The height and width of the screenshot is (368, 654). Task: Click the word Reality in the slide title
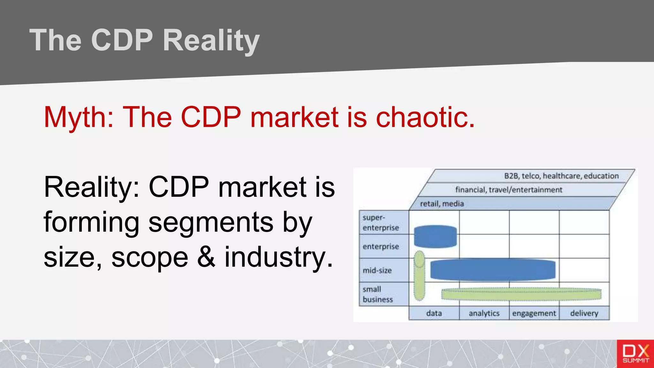click(211, 41)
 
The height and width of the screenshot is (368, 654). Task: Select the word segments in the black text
click(211, 223)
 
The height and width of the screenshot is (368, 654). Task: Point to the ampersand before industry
click(206, 257)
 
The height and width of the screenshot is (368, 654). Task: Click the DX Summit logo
click(635, 354)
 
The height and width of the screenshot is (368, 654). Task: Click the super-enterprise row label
click(381, 223)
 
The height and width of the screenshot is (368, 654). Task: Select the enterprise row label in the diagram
click(381, 246)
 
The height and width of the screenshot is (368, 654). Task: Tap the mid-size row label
click(377, 270)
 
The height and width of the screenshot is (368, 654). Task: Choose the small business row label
click(377, 294)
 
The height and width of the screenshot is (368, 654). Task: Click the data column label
click(434, 313)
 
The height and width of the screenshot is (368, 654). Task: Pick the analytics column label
click(484, 313)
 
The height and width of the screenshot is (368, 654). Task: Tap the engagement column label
click(534, 313)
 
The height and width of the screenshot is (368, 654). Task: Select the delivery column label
click(584, 313)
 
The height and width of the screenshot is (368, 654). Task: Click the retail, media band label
click(442, 204)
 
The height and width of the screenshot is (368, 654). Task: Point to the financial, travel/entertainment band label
click(508, 190)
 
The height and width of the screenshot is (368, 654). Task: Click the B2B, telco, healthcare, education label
click(561, 176)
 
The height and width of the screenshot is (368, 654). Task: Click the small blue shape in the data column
click(435, 237)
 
